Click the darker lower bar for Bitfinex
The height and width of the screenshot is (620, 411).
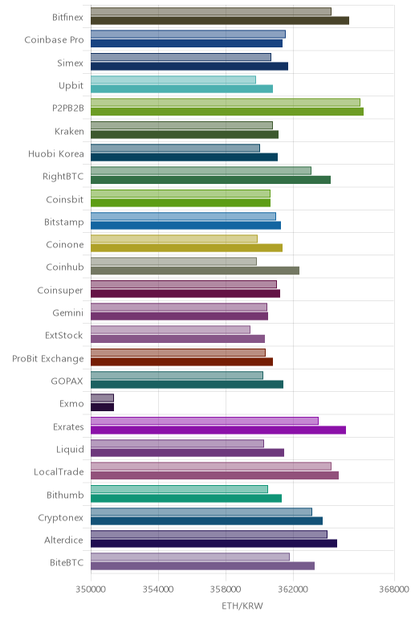pyautogui.click(x=220, y=21)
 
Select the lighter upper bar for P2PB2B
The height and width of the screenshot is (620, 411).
pyautogui.click(x=226, y=103)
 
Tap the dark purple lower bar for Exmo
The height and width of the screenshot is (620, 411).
pyautogui.click(x=103, y=407)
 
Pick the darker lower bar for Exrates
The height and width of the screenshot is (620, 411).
pyautogui.click(x=218, y=430)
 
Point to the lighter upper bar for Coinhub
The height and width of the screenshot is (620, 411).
pyautogui.click(x=173, y=261)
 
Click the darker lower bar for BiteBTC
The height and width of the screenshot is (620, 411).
pyautogui.click(x=203, y=566)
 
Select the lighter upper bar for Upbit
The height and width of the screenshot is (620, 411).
pyautogui.click(x=173, y=80)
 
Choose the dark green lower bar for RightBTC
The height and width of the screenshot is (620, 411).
pyautogui.click(x=210, y=180)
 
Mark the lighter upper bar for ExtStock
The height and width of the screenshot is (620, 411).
pyautogui.click(x=170, y=329)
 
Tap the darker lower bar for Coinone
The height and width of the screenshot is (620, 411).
pyautogui.click(x=186, y=248)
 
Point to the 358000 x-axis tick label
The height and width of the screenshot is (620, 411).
pyautogui.click(x=226, y=589)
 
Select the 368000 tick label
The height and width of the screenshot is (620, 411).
pyautogui.click(x=394, y=589)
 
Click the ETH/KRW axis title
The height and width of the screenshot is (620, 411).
pyautogui.click(x=242, y=606)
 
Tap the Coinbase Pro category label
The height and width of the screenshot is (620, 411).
pyautogui.click(x=54, y=40)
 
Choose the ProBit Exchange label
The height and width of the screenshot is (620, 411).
pyautogui.click(x=48, y=359)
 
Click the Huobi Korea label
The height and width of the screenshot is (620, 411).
pyautogui.click(x=56, y=153)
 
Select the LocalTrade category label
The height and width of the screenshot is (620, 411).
pyautogui.click(x=59, y=471)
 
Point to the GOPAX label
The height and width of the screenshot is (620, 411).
pyautogui.click(x=67, y=381)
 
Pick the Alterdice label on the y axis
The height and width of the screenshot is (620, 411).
pyautogui.click(x=63, y=540)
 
